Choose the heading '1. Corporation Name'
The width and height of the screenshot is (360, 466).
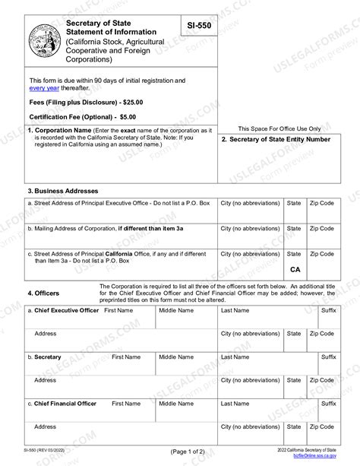point(60,130)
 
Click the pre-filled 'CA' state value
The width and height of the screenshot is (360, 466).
point(295,269)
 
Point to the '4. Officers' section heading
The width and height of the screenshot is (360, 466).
point(43,293)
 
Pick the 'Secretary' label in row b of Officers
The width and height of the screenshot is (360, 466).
point(48,357)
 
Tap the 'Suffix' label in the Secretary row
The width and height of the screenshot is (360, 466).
point(328,357)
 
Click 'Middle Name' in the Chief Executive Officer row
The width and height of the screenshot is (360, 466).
point(175,310)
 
